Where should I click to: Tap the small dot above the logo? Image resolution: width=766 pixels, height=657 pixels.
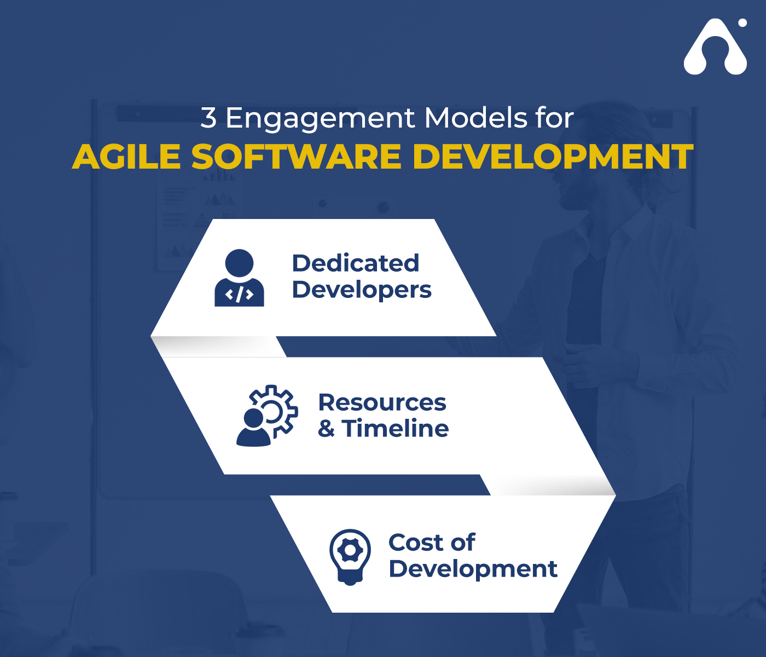[742, 23]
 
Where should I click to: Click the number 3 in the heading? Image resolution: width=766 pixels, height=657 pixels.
[208, 118]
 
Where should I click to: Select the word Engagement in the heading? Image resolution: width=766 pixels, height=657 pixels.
[320, 119]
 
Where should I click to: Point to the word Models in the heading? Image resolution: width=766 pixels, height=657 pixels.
[475, 118]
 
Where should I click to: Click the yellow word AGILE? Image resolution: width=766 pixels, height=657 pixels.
[126, 157]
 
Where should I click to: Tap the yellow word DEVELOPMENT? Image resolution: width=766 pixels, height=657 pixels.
[553, 157]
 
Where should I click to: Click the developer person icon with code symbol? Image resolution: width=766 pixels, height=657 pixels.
[239, 278]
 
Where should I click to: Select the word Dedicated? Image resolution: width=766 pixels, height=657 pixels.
[356, 263]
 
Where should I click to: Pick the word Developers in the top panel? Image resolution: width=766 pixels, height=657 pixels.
[362, 290]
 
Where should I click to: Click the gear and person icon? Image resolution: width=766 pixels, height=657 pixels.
[267, 415]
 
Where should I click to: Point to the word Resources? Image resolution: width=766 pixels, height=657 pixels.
[382, 402]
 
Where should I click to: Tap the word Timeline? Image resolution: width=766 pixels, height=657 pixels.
[395, 428]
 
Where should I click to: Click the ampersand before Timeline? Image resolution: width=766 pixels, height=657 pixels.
[326, 429]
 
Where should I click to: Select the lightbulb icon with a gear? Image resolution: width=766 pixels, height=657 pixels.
[350, 557]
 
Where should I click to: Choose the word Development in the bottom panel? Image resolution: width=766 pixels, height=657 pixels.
[473, 569]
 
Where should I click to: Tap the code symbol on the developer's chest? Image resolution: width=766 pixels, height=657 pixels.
[239, 295]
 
